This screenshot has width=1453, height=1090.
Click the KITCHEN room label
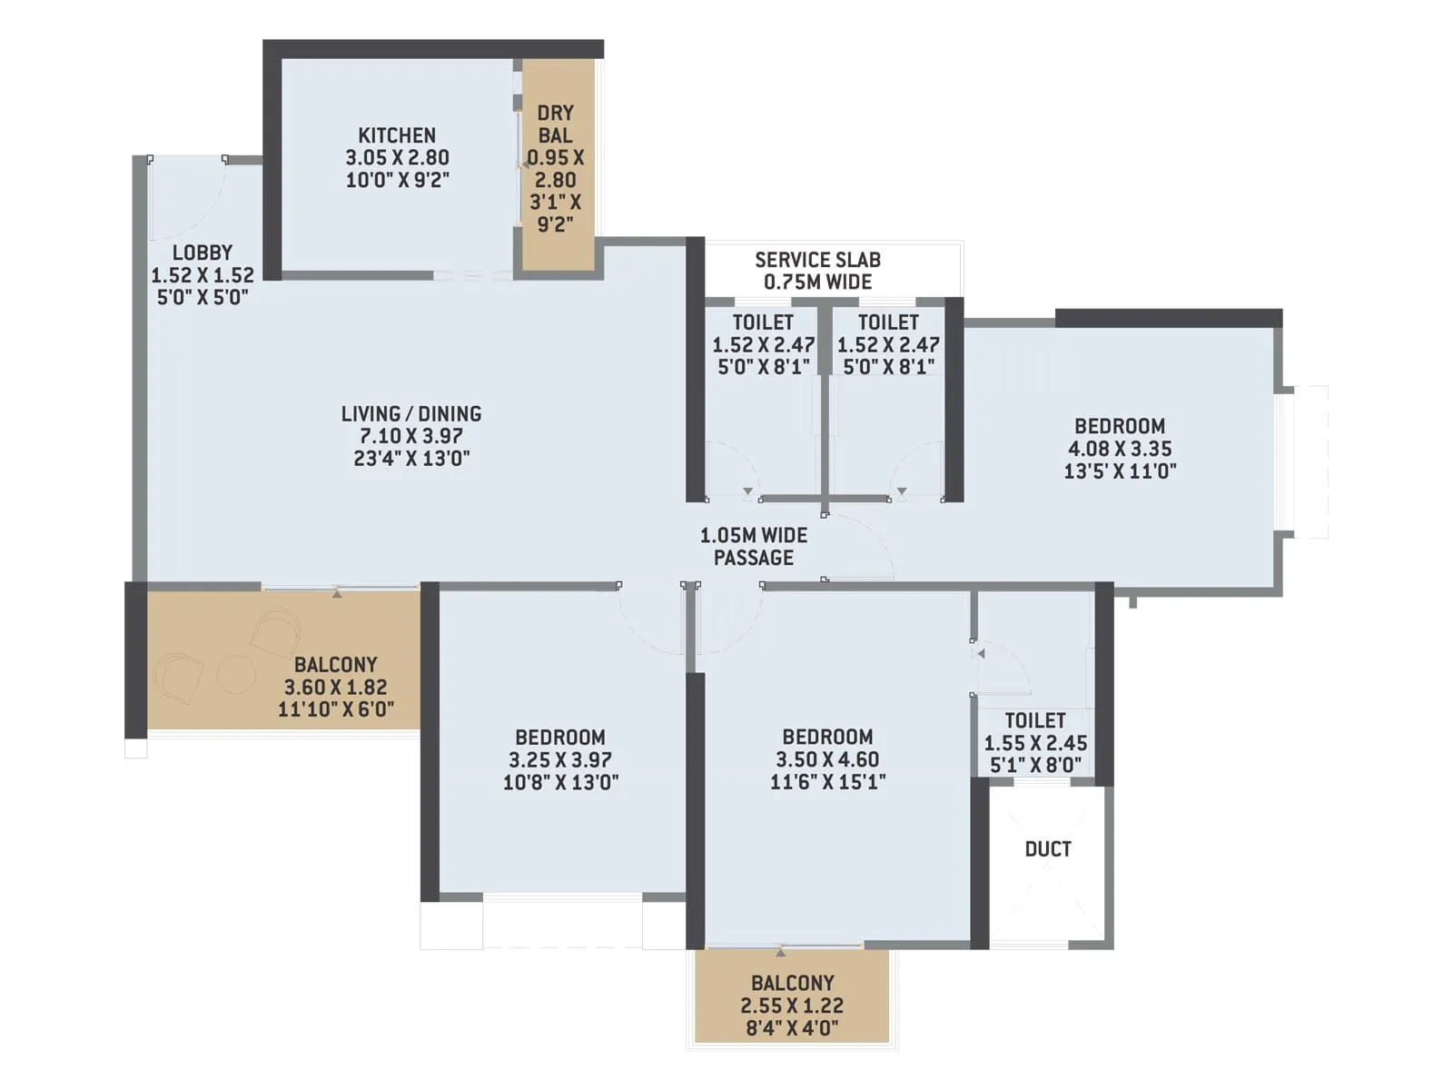(397, 135)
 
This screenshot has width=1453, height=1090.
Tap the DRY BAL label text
(555, 124)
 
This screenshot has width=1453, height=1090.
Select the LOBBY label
(203, 253)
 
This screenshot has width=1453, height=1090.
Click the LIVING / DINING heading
(411, 414)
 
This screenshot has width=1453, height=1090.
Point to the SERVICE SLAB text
(817, 260)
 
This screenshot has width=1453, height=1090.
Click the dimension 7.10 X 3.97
(411, 436)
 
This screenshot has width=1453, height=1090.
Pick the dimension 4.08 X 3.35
(1120, 449)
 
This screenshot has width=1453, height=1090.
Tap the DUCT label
(1048, 849)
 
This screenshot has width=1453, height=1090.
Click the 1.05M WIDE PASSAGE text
(754, 547)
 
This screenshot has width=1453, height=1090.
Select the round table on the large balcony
(236, 675)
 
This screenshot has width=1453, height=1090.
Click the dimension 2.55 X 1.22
(792, 1006)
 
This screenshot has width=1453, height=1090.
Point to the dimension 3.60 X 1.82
(335, 688)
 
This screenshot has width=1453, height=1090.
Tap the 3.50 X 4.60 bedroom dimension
(827, 759)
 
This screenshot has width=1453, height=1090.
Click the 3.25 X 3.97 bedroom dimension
(560, 760)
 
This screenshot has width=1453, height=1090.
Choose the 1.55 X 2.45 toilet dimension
(1035, 743)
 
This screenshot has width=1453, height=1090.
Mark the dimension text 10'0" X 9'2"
(397, 180)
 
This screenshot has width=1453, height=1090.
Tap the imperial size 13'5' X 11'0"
(1120, 471)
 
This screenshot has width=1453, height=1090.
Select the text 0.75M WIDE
(817, 282)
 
